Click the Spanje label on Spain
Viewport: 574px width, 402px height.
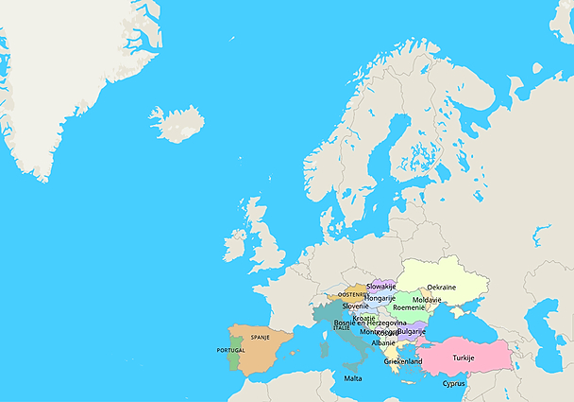click(260, 337)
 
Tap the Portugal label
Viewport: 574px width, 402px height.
click(230, 350)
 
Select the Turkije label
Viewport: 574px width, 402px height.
click(463, 358)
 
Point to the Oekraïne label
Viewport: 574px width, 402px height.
click(441, 288)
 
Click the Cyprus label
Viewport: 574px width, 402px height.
click(454, 383)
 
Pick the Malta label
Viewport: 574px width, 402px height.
click(352, 378)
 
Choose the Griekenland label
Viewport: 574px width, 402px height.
click(402, 361)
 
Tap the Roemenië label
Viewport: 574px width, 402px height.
click(409, 307)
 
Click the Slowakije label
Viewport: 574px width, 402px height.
click(380, 286)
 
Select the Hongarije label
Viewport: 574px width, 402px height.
click(380, 298)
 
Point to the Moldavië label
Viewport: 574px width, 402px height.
click(427, 299)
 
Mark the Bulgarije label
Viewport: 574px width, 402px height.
click(412, 332)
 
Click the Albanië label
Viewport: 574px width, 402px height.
click(383, 342)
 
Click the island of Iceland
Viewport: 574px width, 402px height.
click(177, 124)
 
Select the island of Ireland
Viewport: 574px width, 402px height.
click(236, 245)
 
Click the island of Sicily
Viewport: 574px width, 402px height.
click(346, 364)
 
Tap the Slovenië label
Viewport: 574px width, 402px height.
click(355, 306)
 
